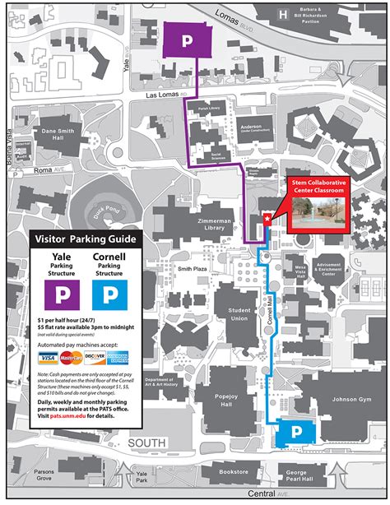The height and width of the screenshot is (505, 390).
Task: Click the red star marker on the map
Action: tap(266, 219)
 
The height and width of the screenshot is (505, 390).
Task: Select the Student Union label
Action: tap(239, 314)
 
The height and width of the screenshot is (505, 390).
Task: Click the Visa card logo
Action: tap(46, 358)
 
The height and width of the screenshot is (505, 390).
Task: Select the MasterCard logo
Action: tap(70, 358)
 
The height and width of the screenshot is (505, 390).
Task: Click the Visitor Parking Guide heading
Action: tap(86, 240)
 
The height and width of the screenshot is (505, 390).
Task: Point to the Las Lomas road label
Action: tap(167, 95)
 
